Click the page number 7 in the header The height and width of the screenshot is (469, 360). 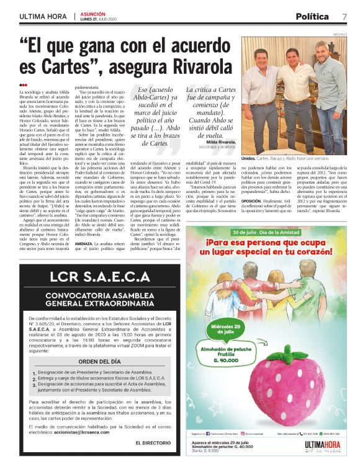(x=344, y=17)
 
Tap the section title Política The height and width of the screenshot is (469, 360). (x=312, y=17)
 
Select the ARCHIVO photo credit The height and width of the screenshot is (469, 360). (x=340, y=34)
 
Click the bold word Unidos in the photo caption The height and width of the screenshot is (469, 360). (x=248, y=159)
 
